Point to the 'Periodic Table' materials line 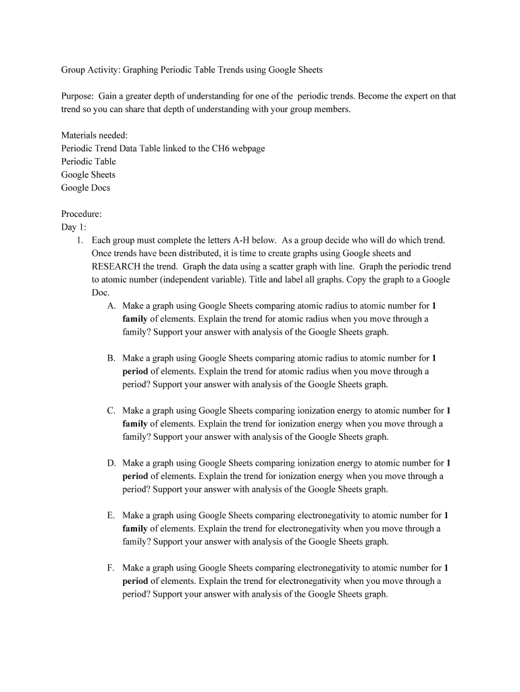[x=88, y=162]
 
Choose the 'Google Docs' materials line [x=86, y=188]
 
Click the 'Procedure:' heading [x=82, y=214]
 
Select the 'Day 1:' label [x=74, y=227]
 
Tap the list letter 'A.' [x=111, y=305]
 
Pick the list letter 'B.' [x=111, y=358]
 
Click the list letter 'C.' [x=111, y=410]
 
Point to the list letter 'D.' [x=111, y=463]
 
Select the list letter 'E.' [x=111, y=515]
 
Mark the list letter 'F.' [x=111, y=568]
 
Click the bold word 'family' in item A [x=135, y=319]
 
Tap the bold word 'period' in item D [x=135, y=476]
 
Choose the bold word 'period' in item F [x=135, y=581]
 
